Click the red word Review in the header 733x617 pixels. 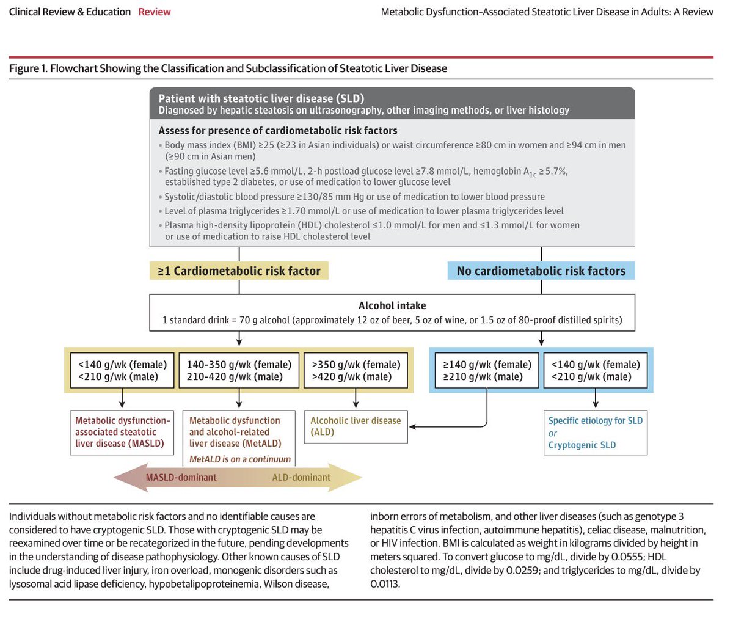tap(155, 12)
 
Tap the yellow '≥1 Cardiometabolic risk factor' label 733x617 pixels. tap(239, 271)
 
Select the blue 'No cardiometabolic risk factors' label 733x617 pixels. tap(541, 271)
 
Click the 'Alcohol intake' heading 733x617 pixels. tap(392, 305)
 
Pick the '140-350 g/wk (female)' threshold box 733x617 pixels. tap(239, 370)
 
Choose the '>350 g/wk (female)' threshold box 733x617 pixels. tap(356, 370)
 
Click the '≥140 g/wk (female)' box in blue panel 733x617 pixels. tap(487, 370)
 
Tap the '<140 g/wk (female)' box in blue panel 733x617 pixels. tap(596, 370)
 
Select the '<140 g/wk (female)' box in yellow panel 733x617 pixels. tap(122, 370)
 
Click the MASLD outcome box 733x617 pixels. tap(122, 432)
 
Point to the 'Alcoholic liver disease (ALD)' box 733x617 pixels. tap(356, 426)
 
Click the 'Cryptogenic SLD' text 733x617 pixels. tap(582, 445)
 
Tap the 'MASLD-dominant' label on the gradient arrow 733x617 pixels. tap(181, 478)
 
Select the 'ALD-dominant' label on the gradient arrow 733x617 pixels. tap(301, 478)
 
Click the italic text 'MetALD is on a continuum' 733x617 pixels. tap(240, 459)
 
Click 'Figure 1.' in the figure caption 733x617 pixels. tap(27, 68)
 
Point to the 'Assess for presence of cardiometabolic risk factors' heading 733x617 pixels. tap(278, 130)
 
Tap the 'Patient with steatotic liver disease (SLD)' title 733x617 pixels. tap(261, 98)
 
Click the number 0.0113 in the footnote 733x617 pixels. tap(385, 583)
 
